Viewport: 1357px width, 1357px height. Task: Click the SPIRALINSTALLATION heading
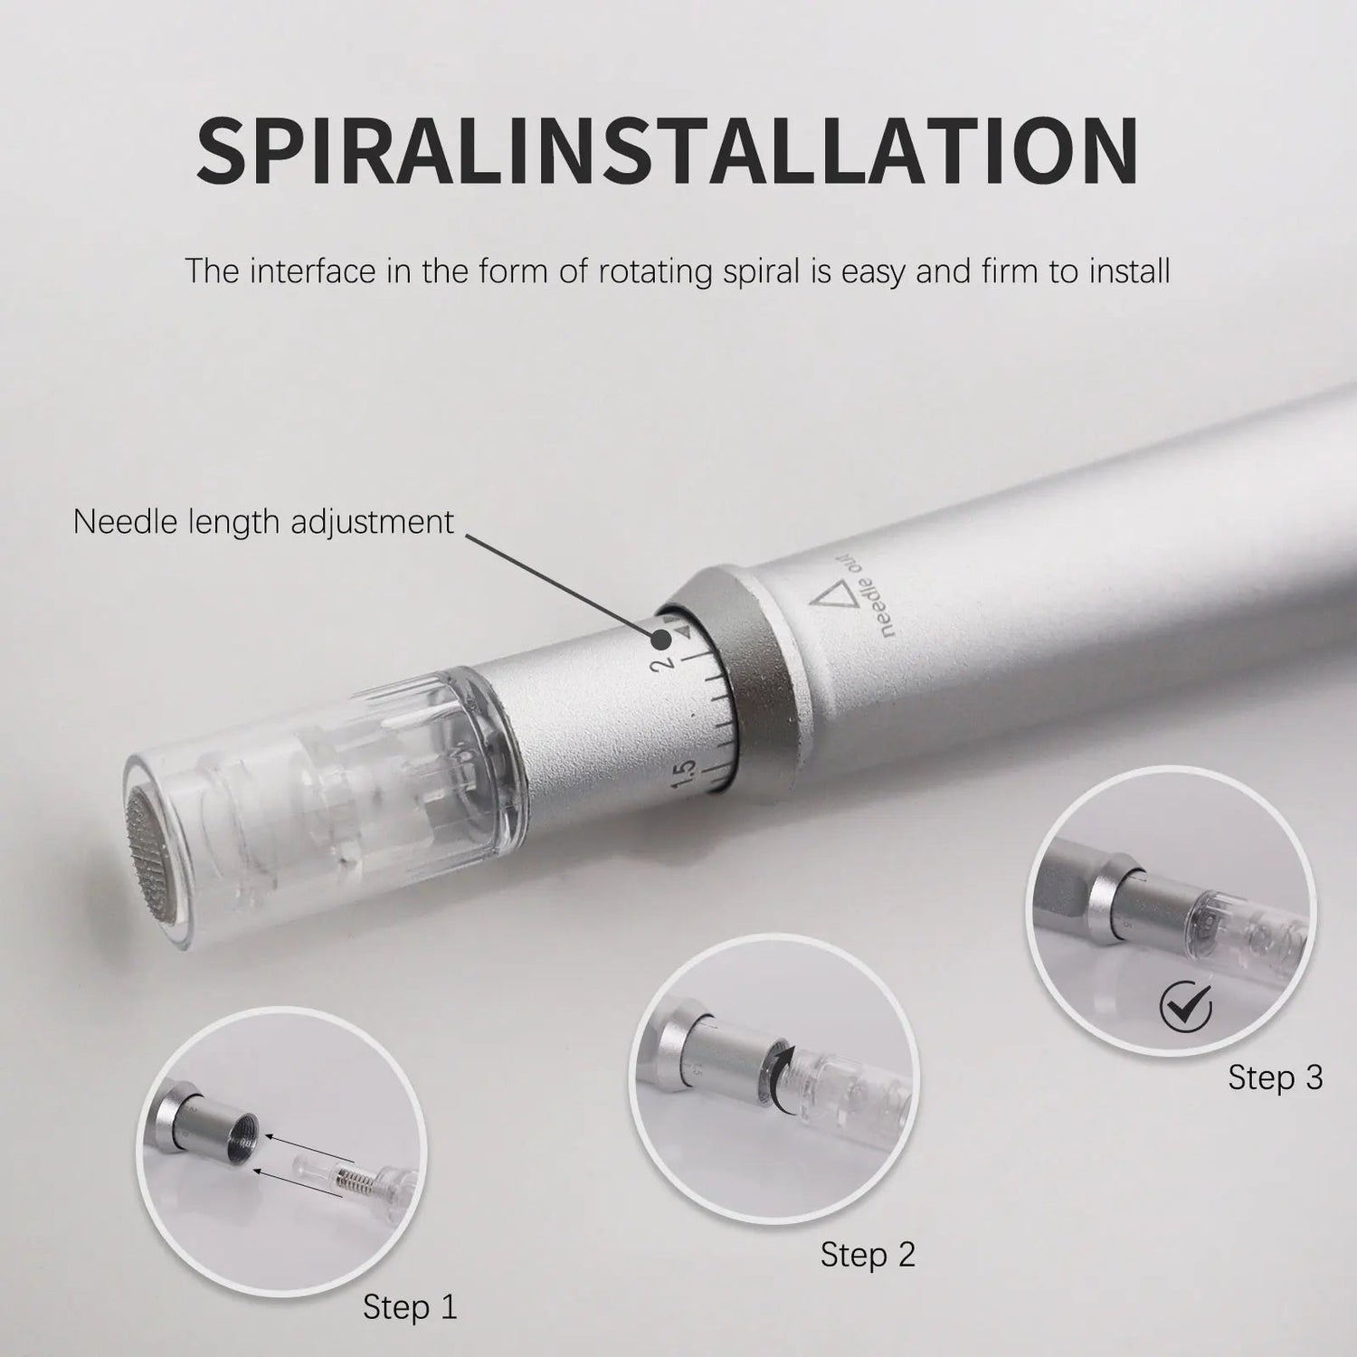(668, 150)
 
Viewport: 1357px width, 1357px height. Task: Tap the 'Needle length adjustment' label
(263, 522)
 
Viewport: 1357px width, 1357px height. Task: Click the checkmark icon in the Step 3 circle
(1185, 1003)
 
